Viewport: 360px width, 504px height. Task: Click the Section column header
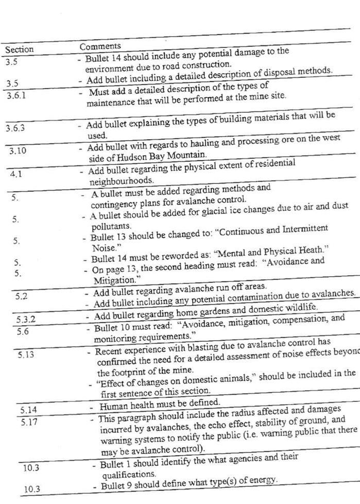[19, 50]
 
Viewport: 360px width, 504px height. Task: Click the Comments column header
[100, 46]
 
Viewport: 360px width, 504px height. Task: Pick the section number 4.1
[16, 174]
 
